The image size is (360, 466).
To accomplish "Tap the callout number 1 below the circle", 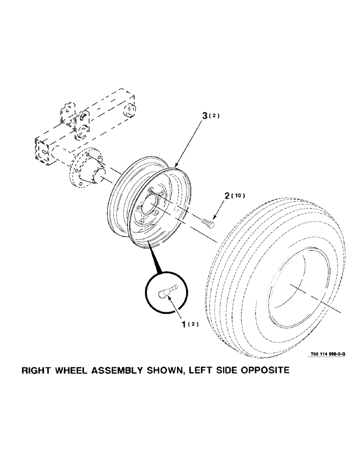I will [186, 323].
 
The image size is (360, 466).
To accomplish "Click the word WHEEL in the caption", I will [75, 371].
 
